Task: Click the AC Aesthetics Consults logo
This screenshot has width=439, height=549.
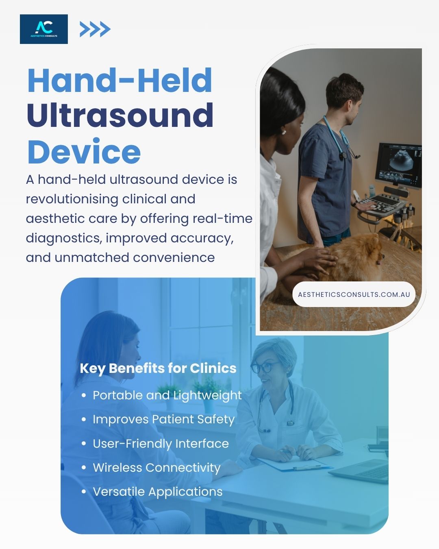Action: [x=44, y=29]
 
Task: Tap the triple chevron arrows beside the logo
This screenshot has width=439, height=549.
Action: [x=95, y=29]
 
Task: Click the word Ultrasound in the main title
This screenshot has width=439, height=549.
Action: [x=120, y=115]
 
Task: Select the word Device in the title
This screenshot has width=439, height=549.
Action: [x=84, y=151]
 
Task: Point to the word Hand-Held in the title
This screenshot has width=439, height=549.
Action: [x=120, y=80]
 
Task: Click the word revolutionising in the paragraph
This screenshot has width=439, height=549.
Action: [x=72, y=199]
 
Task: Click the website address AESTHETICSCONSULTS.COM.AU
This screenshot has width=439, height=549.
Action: [x=354, y=294]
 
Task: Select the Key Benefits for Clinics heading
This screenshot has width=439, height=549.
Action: [x=158, y=368]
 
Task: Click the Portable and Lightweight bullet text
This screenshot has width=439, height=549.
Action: [x=167, y=396]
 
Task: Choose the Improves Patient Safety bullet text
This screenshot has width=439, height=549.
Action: [x=163, y=420]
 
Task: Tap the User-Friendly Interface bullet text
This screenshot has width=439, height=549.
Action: [x=161, y=444]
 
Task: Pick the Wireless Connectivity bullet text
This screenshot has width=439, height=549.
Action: [x=156, y=468]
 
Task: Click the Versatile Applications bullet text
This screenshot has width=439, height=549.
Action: [x=158, y=492]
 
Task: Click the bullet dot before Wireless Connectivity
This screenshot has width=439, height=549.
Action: [x=84, y=468]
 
